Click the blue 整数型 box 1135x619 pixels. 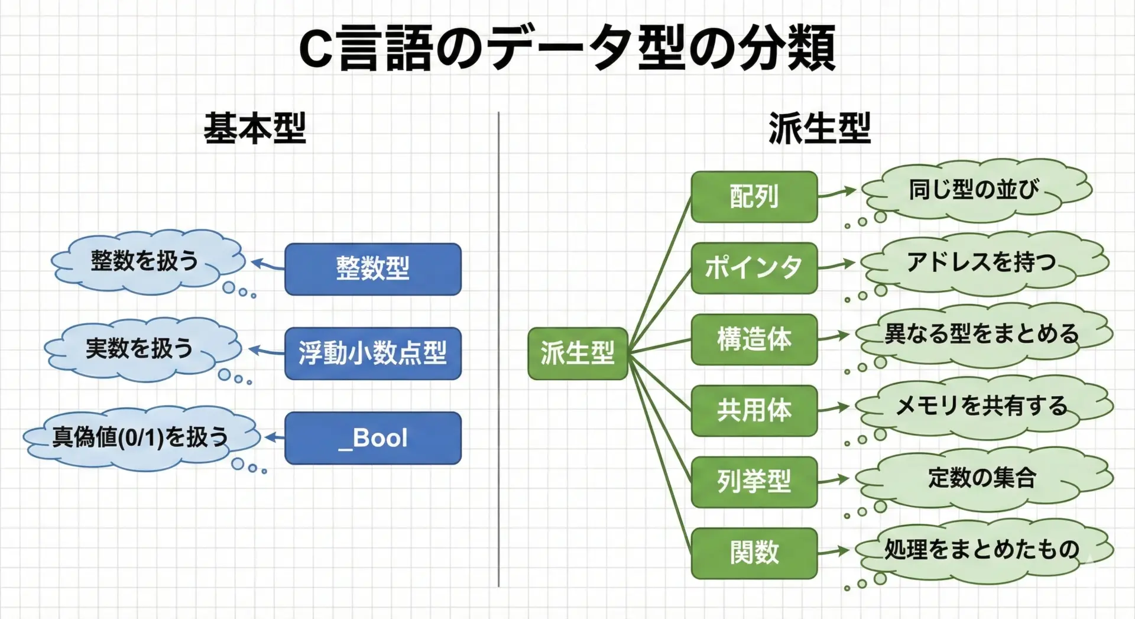click(372, 269)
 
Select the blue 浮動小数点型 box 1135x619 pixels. click(372, 354)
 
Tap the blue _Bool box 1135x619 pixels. click(372, 438)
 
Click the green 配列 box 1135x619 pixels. click(754, 197)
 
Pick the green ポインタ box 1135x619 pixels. click(754, 268)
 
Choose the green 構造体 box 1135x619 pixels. click(754, 339)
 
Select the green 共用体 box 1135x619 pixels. click(754, 411)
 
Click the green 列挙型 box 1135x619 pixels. click(754, 482)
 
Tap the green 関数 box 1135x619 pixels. click(754, 553)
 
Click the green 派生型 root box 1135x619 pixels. click(578, 354)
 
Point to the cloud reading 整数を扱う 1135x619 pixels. click(145, 261)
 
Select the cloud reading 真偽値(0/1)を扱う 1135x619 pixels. click(141, 437)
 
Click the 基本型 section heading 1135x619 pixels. click(255, 128)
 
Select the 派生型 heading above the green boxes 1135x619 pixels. click(819, 128)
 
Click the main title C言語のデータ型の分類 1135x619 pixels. click(567, 48)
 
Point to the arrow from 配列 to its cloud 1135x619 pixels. click(837, 192)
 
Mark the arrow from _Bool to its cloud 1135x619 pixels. click(275, 438)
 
